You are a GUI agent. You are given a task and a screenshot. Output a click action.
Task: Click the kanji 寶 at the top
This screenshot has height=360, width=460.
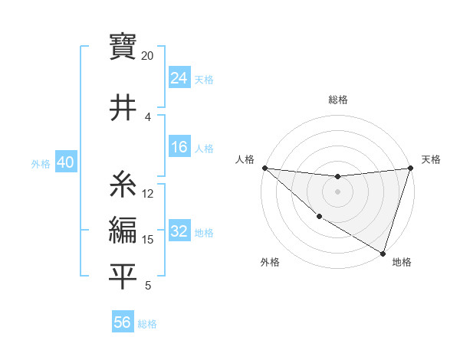[x=123, y=46]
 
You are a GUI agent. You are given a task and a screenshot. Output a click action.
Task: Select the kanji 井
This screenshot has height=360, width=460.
[x=123, y=108]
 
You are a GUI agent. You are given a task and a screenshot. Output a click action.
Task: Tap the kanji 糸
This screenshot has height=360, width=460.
[x=123, y=185]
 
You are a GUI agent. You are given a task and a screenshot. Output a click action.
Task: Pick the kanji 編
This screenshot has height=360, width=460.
[x=123, y=231]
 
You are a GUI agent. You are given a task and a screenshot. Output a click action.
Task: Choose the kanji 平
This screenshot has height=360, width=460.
[x=123, y=276]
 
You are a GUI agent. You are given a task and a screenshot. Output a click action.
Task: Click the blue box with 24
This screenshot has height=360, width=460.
[x=179, y=78]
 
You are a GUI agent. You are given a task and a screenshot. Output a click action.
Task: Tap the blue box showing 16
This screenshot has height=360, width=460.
[x=179, y=148]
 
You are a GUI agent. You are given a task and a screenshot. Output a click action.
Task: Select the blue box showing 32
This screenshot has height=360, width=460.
[x=179, y=232]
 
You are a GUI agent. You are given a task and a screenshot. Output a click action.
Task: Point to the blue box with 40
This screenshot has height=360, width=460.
[x=65, y=162]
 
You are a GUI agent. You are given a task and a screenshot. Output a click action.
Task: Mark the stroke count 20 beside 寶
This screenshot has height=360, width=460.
[x=147, y=56]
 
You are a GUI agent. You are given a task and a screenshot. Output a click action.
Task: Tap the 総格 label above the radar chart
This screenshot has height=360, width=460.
[x=337, y=100]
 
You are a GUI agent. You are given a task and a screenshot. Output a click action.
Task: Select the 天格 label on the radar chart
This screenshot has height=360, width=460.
[x=431, y=159]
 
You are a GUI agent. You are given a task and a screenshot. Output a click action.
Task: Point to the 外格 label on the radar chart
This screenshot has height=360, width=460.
[x=270, y=262]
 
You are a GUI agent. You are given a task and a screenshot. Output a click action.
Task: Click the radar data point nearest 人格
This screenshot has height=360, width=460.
[x=264, y=168]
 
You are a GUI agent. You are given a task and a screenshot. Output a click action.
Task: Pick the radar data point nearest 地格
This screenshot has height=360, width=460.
[x=383, y=253]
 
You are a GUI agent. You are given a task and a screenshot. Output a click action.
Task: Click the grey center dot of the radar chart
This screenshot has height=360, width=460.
[x=337, y=191]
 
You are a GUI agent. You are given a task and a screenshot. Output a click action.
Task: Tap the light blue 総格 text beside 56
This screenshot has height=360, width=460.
[x=147, y=324]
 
